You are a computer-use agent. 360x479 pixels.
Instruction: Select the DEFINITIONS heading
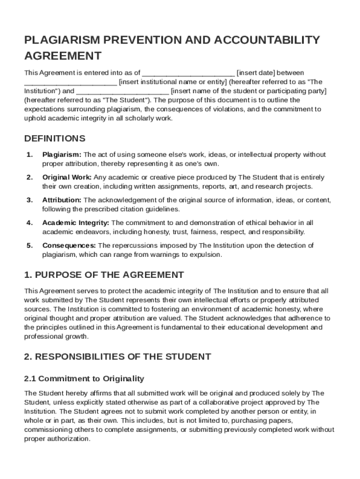(x=55, y=138)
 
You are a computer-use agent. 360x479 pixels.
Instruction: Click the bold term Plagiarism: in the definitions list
(x=62, y=154)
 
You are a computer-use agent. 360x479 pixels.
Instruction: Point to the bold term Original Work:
(x=67, y=177)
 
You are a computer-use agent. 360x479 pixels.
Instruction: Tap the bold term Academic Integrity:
(x=76, y=223)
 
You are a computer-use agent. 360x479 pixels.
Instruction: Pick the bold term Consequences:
(x=69, y=246)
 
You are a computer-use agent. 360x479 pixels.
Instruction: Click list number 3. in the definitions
(x=29, y=200)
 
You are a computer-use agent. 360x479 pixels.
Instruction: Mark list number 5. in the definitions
(x=29, y=246)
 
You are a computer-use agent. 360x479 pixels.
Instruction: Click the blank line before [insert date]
(x=188, y=73)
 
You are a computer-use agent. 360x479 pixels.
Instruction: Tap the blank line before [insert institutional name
(x=71, y=82)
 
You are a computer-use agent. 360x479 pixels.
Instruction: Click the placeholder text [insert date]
(x=256, y=73)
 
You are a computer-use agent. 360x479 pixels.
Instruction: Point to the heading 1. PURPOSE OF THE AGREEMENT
(x=104, y=275)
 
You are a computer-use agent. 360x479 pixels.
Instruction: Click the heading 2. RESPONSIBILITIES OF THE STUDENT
(x=117, y=357)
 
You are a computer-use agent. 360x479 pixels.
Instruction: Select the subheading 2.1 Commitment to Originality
(x=84, y=378)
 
